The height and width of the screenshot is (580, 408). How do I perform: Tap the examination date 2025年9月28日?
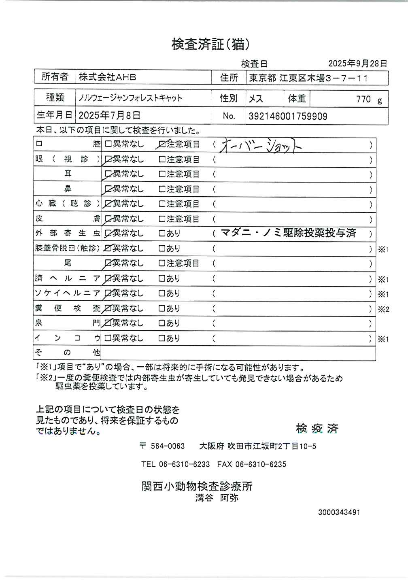point(357,64)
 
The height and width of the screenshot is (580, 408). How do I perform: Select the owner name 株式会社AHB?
point(107,77)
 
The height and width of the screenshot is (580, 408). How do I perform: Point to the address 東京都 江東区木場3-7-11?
point(308,78)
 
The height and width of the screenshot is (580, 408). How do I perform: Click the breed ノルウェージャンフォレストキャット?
point(130,98)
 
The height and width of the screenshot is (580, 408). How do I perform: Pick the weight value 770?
point(363,100)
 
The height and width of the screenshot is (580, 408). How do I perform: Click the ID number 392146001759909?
point(288,117)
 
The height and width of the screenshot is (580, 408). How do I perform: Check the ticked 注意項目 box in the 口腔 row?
point(162,144)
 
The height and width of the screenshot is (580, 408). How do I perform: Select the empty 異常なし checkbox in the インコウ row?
point(108,338)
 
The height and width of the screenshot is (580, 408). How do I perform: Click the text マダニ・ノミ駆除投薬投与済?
point(288,233)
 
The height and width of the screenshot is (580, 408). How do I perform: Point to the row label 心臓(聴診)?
point(67,204)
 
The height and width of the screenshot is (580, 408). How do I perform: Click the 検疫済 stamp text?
point(317,429)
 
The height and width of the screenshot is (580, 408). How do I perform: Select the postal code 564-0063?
point(167,446)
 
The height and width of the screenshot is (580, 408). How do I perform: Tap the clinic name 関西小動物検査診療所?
point(197,486)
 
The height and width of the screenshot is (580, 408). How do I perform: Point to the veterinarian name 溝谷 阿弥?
point(217,498)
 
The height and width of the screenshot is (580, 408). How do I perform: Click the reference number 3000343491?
point(339,512)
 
